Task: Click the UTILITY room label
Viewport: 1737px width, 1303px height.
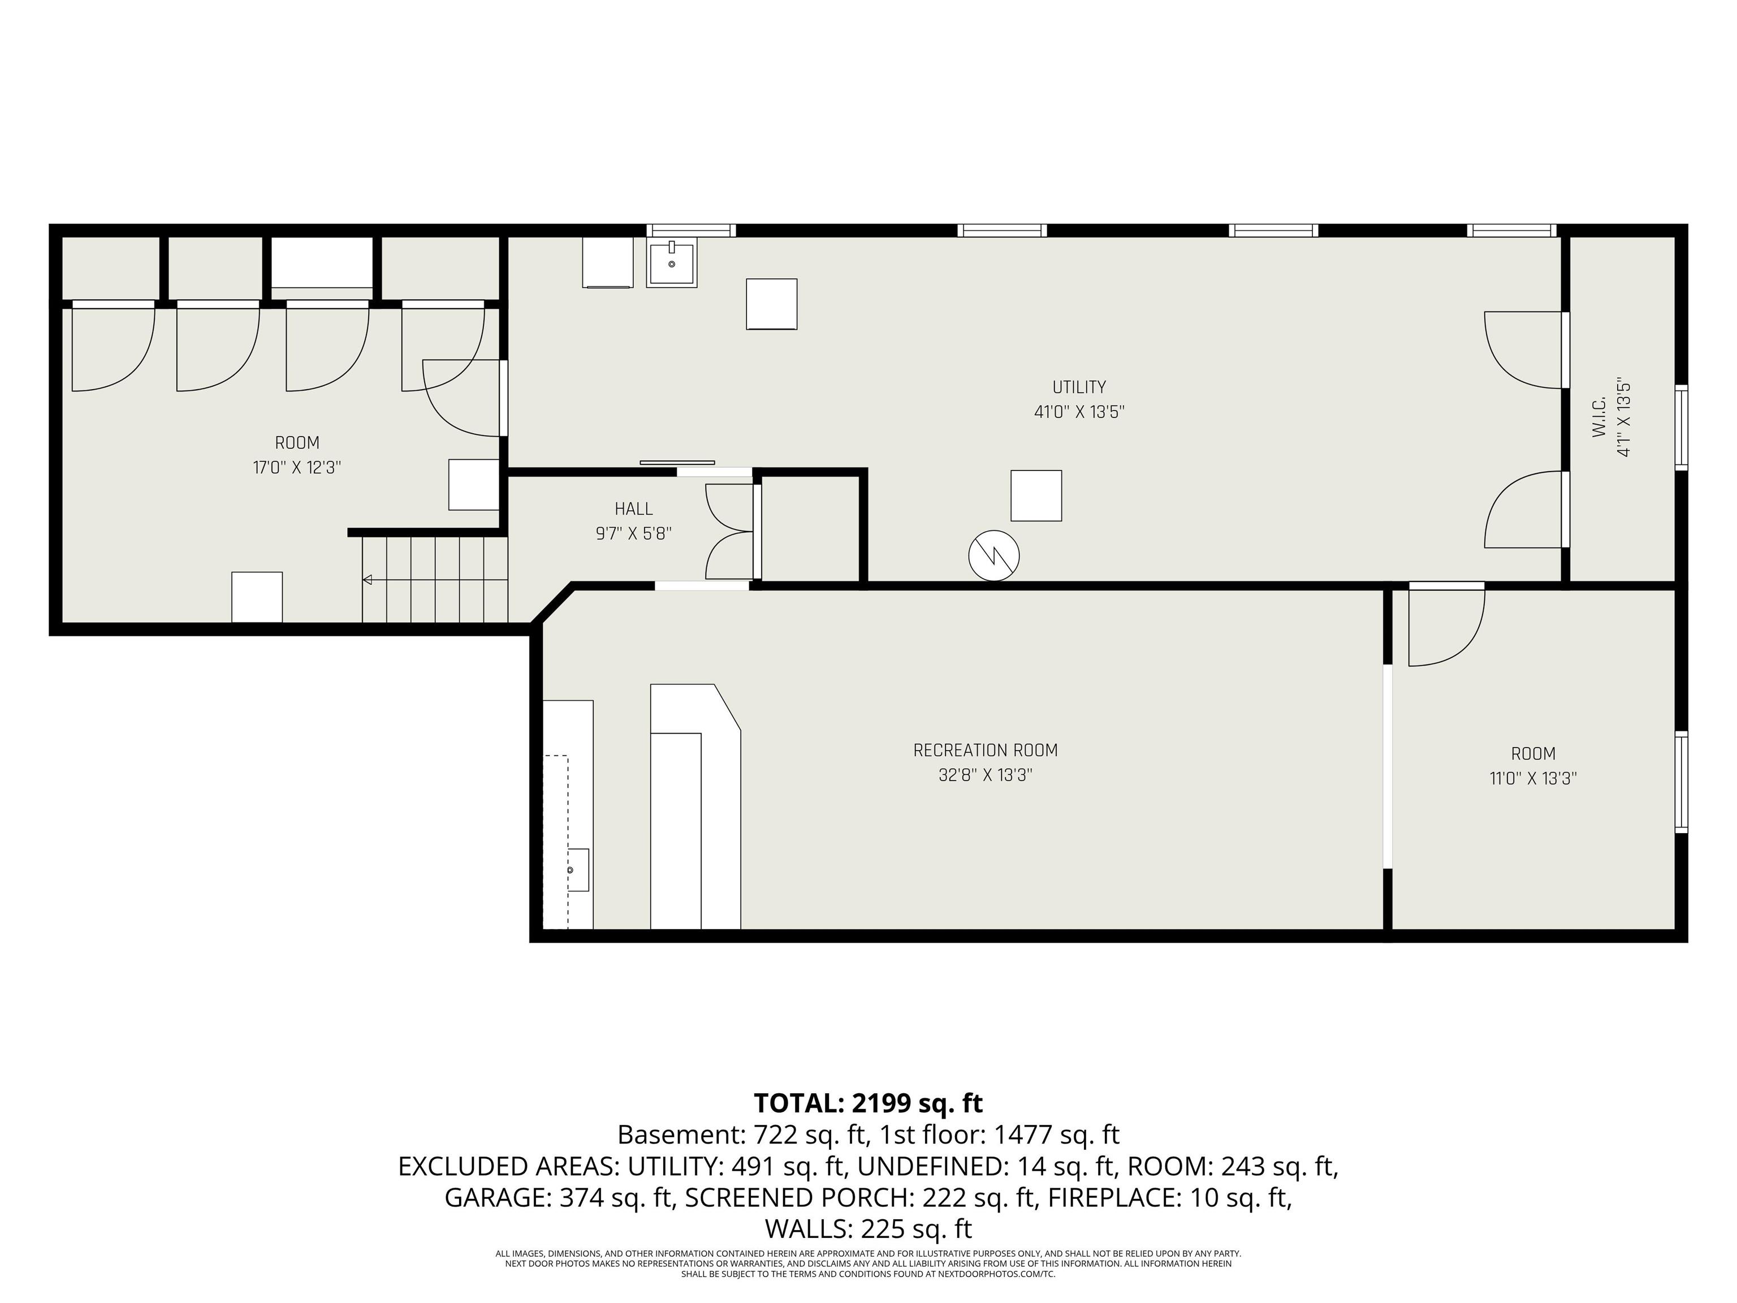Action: (x=1079, y=387)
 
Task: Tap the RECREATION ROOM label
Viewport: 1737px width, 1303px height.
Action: (x=986, y=750)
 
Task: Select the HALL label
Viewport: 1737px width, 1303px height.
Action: (x=634, y=509)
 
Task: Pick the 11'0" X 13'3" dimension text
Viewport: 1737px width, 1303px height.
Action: (x=1533, y=778)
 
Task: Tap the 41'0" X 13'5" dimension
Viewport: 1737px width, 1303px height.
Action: (x=1079, y=412)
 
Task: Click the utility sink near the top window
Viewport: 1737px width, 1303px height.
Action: (x=671, y=264)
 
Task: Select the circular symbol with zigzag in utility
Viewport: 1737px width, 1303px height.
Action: (x=993, y=556)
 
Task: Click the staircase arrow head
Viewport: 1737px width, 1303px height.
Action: (x=367, y=580)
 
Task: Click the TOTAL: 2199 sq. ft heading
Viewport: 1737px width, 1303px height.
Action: (x=868, y=1103)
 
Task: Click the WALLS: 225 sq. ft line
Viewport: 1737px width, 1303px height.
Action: (x=868, y=1228)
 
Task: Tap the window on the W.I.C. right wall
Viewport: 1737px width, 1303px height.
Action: (x=1681, y=428)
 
